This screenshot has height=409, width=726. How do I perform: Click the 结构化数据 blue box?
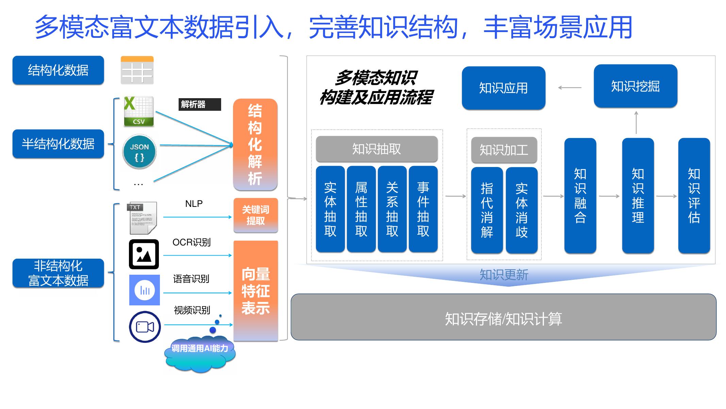coord(58,70)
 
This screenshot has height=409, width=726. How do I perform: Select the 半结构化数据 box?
coord(58,144)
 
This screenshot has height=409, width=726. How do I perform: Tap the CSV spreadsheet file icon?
coord(138,111)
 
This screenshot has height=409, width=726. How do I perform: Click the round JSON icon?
coord(139,152)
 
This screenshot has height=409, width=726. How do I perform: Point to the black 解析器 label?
coord(200,104)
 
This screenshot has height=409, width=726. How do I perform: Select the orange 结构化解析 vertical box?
coord(255,145)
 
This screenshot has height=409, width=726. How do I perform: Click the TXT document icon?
coord(143,218)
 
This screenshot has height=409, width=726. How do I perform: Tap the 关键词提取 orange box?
coord(255,215)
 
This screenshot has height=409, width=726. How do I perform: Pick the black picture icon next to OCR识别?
coord(144,254)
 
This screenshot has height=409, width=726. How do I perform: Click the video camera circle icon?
coord(145,327)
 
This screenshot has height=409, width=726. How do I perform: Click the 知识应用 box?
coord(504,88)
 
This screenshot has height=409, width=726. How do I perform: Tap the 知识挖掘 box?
coord(635,86)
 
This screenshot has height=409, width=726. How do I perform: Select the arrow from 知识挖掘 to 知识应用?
coord(570,88)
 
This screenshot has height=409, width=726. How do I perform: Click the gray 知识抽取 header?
coord(377,149)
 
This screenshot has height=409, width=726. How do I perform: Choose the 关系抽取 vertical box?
coord(392,209)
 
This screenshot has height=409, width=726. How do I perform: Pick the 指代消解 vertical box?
coord(487,210)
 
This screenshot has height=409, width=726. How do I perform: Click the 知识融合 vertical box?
coord(580,195)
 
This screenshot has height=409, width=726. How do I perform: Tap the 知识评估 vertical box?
coord(694,195)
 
